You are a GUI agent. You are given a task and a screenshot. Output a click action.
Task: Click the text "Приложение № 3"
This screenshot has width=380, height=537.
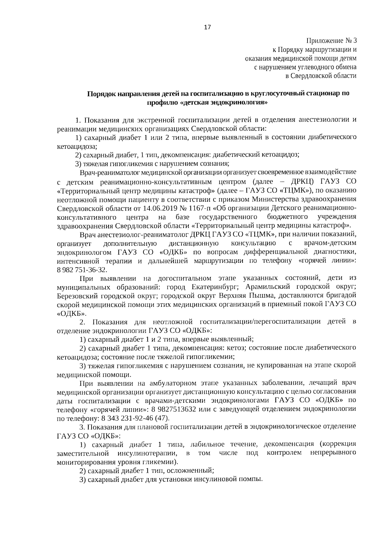(331, 41)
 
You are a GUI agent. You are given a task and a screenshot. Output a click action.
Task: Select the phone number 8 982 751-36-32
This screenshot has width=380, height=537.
(82, 270)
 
